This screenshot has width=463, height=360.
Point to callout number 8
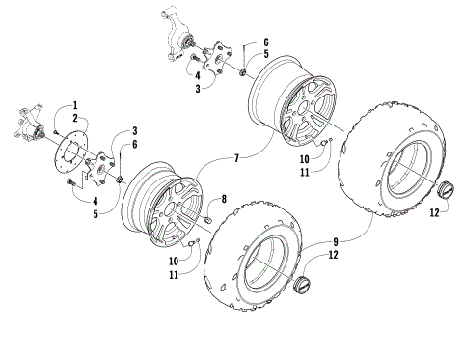224,199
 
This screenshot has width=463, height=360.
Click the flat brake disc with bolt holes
73,155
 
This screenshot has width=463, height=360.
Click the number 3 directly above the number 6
134,130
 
